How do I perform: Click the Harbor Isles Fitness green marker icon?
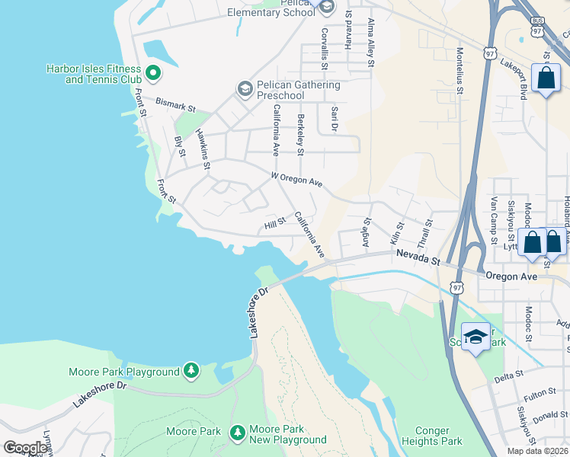[x=152, y=73]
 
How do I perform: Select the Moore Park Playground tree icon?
[x=191, y=371]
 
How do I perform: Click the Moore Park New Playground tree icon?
[x=238, y=433]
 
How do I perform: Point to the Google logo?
[x=25, y=448]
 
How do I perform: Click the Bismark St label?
[x=176, y=101]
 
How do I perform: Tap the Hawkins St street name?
[x=202, y=143]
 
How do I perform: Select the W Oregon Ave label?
[x=297, y=179]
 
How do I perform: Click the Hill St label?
[x=274, y=222]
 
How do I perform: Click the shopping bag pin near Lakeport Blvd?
[x=546, y=78]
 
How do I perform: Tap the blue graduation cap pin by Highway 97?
[x=476, y=337]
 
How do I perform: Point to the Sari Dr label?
[x=333, y=117]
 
